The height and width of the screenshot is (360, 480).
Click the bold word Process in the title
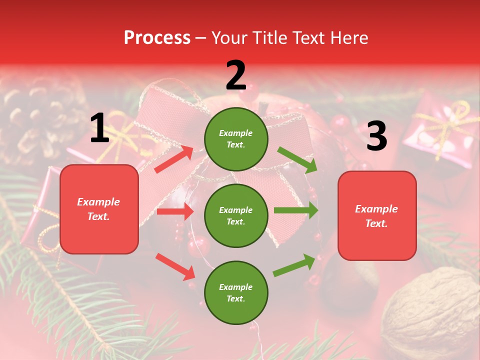(157, 38)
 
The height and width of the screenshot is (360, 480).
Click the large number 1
(99, 128)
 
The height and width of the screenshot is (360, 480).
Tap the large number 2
(236, 75)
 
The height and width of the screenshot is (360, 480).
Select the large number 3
(377, 136)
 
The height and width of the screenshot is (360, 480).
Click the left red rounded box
(99, 209)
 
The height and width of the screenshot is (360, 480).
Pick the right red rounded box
(377, 216)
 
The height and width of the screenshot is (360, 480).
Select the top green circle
(236, 139)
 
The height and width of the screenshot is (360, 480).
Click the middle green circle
(236, 215)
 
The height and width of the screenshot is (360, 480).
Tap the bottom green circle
(236, 292)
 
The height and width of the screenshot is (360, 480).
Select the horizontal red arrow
(175, 211)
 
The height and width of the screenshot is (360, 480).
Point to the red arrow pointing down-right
(175, 266)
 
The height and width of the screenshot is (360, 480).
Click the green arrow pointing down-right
(297, 159)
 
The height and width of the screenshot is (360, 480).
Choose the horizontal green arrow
(296, 210)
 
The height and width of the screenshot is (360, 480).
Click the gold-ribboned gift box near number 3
(440, 130)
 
